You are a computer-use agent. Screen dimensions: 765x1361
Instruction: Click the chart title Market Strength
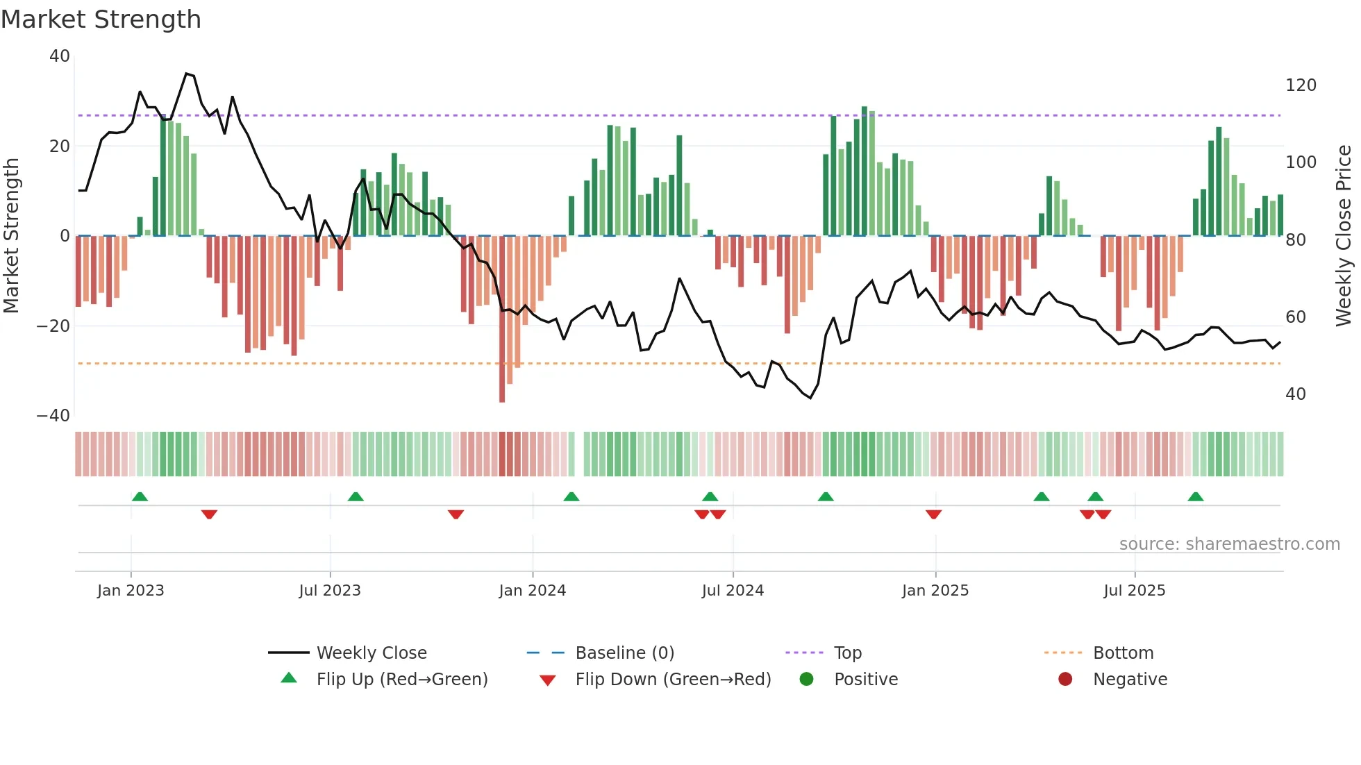click(101, 19)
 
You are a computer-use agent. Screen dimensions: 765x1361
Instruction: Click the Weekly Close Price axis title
click(1344, 235)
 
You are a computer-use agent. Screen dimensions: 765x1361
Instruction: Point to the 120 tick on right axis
click(1300, 85)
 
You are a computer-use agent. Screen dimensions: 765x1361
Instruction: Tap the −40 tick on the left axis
click(53, 416)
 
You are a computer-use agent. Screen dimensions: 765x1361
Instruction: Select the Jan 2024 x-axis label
click(532, 591)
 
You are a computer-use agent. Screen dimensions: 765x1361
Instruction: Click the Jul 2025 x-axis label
click(1134, 591)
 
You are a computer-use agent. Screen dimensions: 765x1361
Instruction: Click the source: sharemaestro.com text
click(1229, 544)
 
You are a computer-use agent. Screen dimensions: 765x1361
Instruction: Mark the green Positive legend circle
click(806, 680)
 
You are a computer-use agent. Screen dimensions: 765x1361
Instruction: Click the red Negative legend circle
click(1065, 680)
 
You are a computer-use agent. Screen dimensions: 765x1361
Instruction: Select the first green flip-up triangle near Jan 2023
click(140, 496)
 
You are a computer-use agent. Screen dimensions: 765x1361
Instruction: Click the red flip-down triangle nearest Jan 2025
click(933, 514)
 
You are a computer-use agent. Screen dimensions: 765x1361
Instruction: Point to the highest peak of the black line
click(186, 74)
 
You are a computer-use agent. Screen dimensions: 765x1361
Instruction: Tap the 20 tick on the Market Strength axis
click(60, 146)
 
